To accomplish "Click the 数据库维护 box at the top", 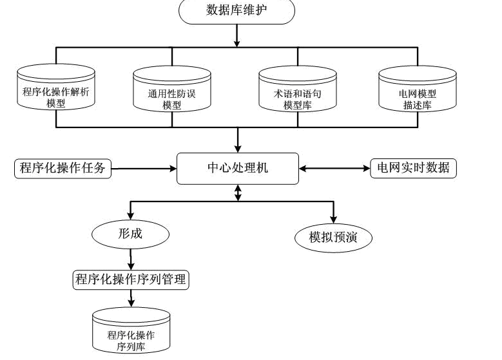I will tap(237, 10).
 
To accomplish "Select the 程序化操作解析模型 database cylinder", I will tap(55, 90).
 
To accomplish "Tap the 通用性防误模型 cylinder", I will tap(172, 91).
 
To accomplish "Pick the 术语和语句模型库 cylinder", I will tap(298, 91).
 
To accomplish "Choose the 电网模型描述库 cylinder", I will tap(417, 91).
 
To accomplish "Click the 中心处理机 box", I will tap(237, 169).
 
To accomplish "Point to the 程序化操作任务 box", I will tap(63, 169).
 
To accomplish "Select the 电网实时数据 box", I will tap(413, 169).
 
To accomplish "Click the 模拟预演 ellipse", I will tap(333, 238).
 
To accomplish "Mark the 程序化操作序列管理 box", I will tap(130, 279).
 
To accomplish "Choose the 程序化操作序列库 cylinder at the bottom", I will tap(131, 330).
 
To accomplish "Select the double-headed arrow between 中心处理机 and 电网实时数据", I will tap(334, 169).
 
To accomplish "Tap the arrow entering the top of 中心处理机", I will tap(237, 140).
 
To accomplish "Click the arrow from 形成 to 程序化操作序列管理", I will tap(131, 259).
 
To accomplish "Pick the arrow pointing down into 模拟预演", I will tap(333, 213).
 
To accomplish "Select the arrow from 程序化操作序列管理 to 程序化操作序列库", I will tap(131, 298).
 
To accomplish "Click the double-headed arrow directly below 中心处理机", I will tap(238, 193).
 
